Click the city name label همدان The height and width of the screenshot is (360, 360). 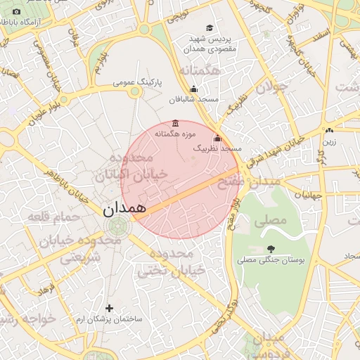point(123,209)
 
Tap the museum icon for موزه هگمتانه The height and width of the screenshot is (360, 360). point(175,123)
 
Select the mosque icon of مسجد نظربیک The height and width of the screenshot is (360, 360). point(217,139)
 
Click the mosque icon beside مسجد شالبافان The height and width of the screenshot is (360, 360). point(194,89)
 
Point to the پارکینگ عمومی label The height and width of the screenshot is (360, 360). point(138,83)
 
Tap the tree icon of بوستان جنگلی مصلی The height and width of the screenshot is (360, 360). point(271,249)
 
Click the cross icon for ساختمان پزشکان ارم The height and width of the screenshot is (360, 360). point(108,308)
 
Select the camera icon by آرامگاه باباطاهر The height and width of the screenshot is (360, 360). point(16,12)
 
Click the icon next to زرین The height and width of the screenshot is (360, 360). point(328,131)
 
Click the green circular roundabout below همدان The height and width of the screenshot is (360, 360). point(117,226)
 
